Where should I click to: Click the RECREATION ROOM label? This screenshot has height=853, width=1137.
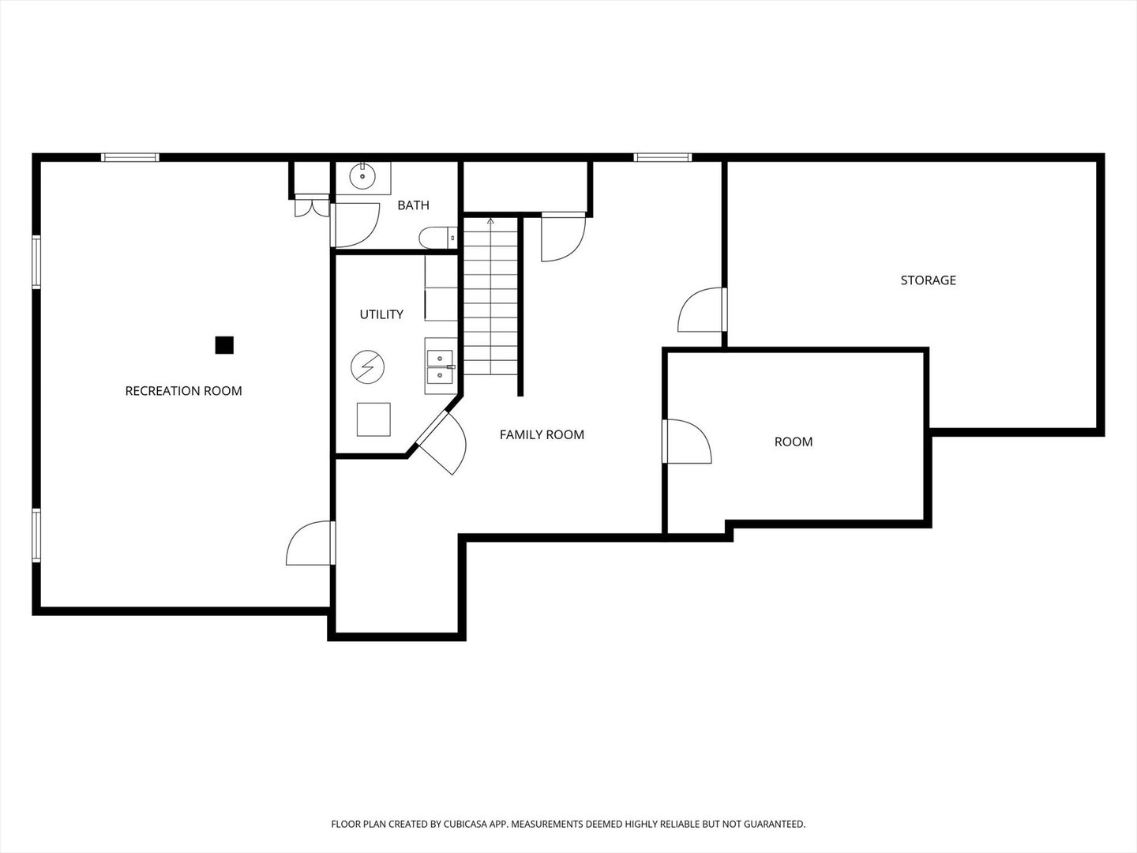pos(183,391)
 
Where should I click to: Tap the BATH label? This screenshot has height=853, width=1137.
pos(413,205)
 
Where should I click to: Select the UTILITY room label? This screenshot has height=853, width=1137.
pos(381,314)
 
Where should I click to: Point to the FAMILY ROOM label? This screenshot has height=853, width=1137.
pos(542,434)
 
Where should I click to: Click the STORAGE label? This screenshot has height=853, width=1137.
pos(928,280)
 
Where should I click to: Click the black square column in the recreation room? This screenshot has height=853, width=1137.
pos(224,345)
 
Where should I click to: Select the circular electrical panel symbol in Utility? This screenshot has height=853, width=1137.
pos(368,366)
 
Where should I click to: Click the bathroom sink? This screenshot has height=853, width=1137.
pos(363,177)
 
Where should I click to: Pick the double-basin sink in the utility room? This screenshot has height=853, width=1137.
pos(440,366)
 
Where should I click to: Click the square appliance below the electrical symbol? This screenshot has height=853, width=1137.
pos(373,419)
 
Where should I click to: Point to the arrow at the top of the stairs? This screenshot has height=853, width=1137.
pos(490,221)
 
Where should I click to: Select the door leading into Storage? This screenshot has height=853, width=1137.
pos(702,310)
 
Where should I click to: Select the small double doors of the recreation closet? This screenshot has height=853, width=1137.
pos(310,206)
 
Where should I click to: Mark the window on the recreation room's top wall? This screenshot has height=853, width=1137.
pos(130,158)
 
